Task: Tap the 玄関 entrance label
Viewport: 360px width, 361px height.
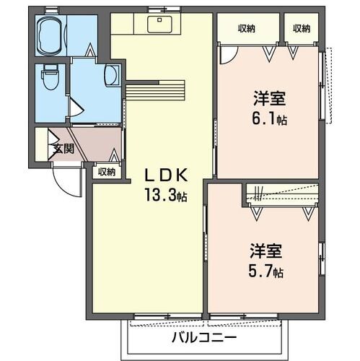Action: pyautogui.click(x=62, y=149)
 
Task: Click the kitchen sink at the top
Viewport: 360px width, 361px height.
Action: pyautogui.click(x=158, y=23)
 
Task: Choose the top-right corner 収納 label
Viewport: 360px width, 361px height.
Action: pyautogui.click(x=302, y=28)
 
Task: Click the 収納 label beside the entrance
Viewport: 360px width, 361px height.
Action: pyautogui.click(x=107, y=171)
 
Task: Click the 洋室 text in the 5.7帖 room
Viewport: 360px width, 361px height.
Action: pyautogui.click(x=265, y=252)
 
